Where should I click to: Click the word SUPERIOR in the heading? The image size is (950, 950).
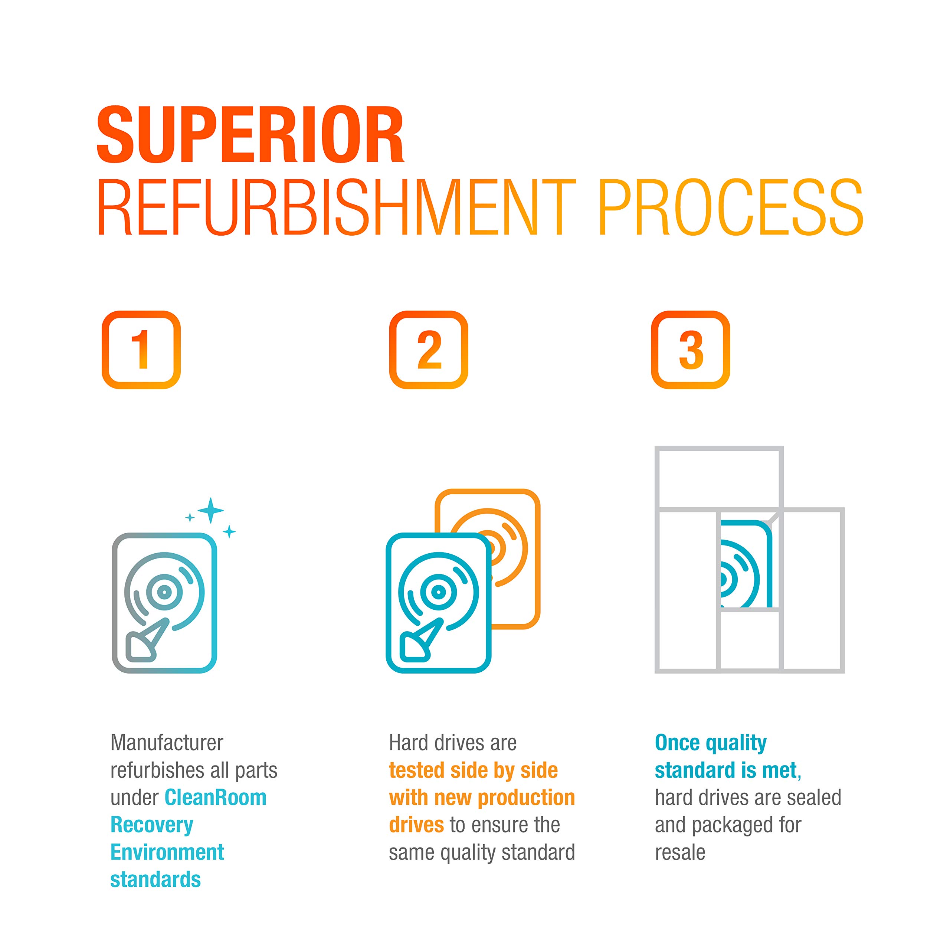pos(250,134)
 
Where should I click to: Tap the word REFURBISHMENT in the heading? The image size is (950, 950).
pos(337,207)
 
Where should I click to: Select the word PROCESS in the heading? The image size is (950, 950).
pos(730,207)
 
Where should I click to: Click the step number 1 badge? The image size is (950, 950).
pos(141,350)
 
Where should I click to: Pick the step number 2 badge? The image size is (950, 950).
pos(429,350)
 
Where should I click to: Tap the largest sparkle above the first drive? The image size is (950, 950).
pos(210,510)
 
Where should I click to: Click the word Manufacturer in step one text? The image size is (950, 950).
pos(167,743)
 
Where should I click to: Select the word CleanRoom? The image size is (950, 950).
pos(215,797)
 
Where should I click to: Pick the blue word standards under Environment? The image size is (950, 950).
pos(155,880)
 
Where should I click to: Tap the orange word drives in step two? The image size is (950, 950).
pos(416,825)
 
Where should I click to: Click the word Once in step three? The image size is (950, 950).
pos(678,743)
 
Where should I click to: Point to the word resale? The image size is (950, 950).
pos(680,852)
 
